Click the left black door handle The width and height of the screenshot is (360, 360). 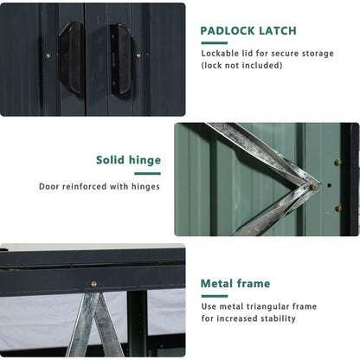(71, 58)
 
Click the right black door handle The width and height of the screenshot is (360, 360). (121, 60)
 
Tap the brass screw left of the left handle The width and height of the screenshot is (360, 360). (48, 55)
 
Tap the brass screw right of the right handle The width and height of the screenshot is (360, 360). (138, 55)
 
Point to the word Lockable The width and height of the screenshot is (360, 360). (220, 54)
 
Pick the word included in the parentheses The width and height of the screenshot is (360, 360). (261, 66)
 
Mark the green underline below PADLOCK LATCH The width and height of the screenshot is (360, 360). (215, 43)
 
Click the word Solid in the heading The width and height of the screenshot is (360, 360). (111, 160)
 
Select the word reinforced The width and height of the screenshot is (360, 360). (85, 186)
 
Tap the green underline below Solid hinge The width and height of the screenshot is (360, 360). (147, 174)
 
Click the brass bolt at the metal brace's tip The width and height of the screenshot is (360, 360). (312, 187)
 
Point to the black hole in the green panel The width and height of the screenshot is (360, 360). (329, 185)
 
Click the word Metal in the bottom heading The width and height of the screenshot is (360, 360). (217, 284)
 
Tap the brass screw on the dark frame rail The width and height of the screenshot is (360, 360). (93, 284)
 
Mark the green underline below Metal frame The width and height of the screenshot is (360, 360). (215, 296)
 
